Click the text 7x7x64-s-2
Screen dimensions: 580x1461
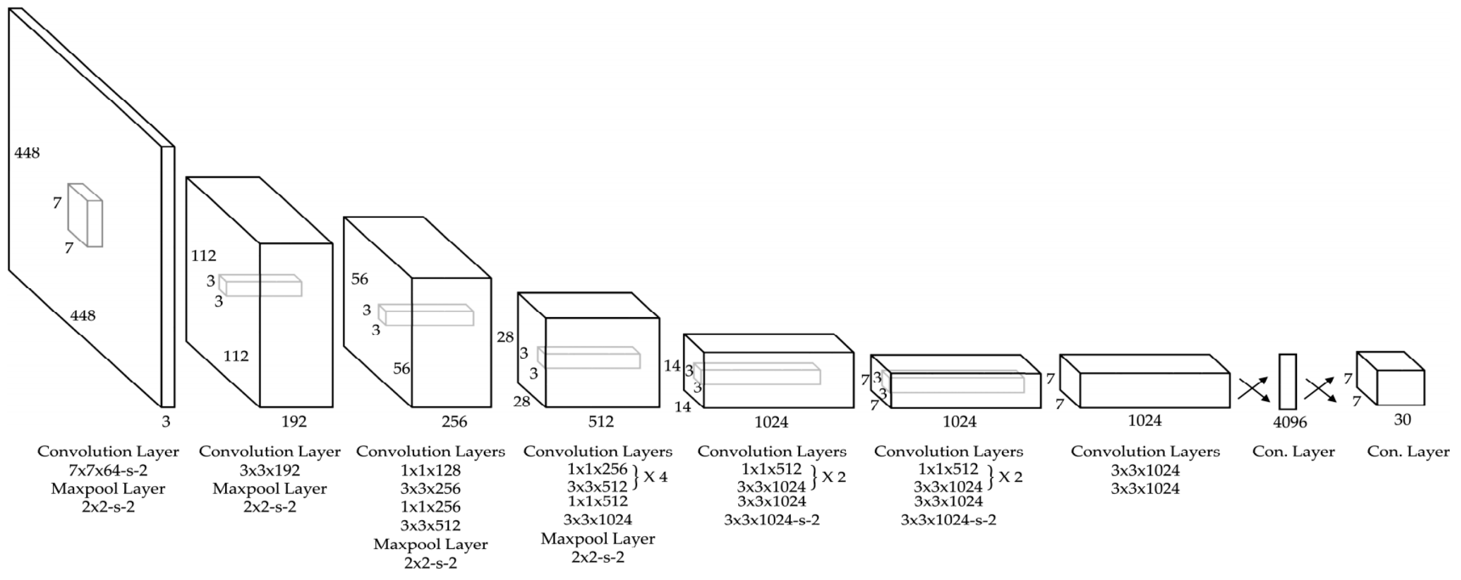108,471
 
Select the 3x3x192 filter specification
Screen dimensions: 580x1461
269,471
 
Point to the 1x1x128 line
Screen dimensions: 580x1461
431,471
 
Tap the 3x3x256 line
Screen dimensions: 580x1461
431,489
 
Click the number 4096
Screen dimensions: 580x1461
1290,422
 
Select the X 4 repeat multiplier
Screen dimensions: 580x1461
655,477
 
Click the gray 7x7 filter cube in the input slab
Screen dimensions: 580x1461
86,215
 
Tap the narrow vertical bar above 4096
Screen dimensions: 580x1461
1287,382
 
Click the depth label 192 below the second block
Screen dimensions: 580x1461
294,422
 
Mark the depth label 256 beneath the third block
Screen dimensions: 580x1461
454,422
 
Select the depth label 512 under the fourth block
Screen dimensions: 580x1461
601,422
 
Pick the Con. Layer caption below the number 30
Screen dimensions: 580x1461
1408,452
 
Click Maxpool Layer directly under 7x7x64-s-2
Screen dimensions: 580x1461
108,489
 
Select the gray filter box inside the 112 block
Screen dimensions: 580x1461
261,286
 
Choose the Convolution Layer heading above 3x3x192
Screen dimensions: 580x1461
269,452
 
